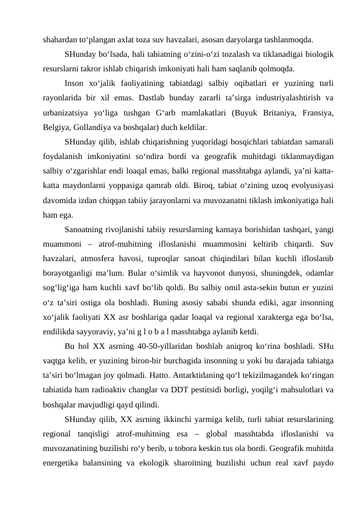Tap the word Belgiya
click(58, 128)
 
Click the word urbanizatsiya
click(69, 112)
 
